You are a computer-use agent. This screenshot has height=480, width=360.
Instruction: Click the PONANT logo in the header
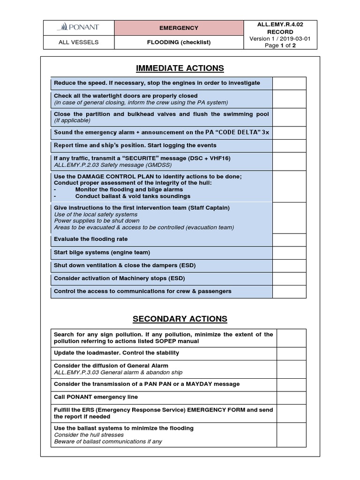point(78,28)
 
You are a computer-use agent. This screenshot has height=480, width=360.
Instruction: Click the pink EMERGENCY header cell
point(179,28)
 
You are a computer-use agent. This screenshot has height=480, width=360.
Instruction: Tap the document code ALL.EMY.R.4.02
point(281,24)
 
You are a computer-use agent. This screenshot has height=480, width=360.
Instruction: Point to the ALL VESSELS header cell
point(78,42)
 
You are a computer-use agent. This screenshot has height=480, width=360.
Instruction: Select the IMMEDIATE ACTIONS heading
point(180,68)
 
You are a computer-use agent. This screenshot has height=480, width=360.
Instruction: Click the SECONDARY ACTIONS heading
point(180,319)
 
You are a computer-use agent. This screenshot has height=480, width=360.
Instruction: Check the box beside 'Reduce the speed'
point(289,83)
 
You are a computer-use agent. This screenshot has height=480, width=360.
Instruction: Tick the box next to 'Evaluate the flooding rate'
point(289,240)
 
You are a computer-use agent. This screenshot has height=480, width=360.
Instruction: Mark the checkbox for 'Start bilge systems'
point(289,253)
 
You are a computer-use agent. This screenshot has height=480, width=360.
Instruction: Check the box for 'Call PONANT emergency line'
point(292,397)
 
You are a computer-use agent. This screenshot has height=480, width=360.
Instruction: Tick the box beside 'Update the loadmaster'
point(292,353)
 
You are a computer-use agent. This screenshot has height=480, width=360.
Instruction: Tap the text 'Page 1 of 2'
point(281,46)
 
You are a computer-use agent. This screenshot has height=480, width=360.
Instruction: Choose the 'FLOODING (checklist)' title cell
point(179,42)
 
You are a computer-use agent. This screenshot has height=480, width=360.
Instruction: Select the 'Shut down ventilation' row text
point(125,265)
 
